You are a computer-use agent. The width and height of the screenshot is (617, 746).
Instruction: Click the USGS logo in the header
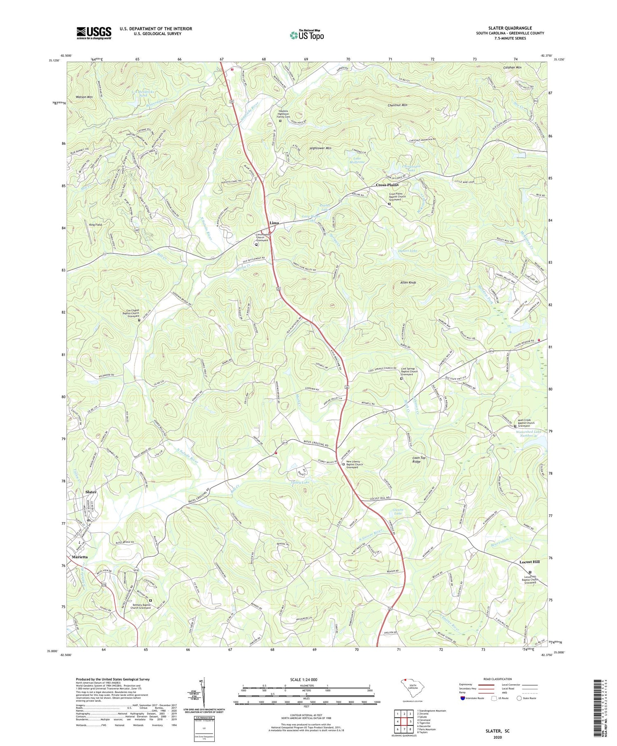[94, 33]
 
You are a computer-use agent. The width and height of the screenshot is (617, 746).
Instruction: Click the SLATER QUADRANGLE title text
[510, 28]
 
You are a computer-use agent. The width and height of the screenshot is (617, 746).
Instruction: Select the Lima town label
[274, 223]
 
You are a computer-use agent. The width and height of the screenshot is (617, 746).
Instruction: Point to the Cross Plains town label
[387, 185]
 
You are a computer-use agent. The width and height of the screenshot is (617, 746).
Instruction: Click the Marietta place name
[80, 557]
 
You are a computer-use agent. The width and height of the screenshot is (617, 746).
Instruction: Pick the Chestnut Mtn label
[397, 105]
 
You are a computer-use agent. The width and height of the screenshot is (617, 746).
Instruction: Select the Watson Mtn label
[84, 97]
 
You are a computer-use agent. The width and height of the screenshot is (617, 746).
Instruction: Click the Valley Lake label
[300, 482]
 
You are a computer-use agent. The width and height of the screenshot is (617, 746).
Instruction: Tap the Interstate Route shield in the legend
[463, 698]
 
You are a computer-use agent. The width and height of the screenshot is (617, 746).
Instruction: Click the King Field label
[95, 225]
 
